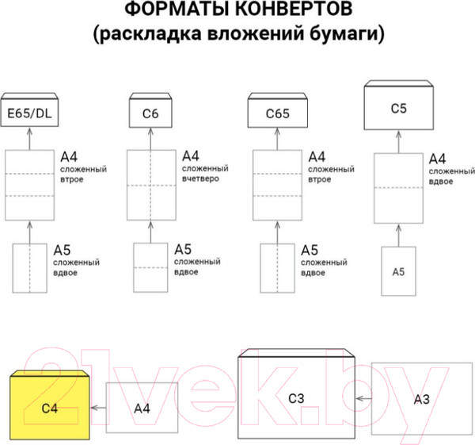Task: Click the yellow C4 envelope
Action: click(50, 407)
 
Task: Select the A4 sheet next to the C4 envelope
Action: click(142, 408)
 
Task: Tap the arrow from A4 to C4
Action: click(100, 408)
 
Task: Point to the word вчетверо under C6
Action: click(203, 180)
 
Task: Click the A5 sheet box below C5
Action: click(399, 271)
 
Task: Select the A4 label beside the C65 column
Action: click(317, 156)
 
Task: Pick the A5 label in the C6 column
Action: click(183, 249)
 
